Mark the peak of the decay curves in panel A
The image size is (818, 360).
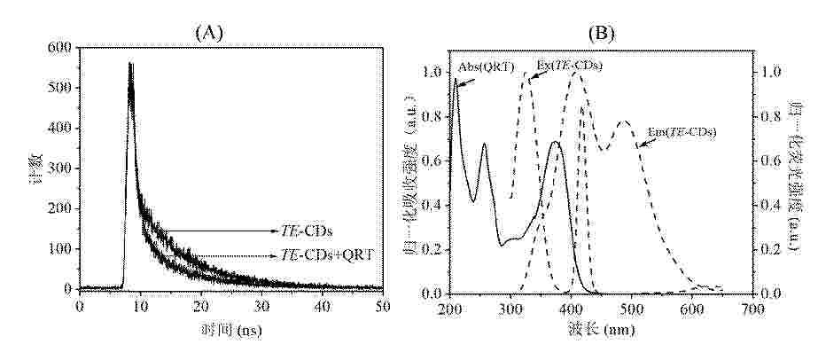click(131, 64)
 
